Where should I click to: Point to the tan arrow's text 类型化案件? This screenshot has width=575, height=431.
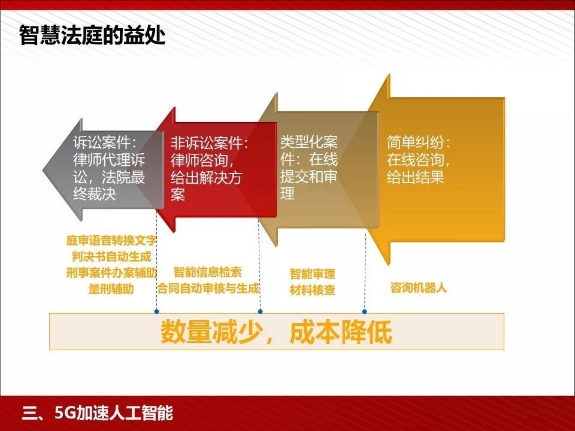pyautogui.click(x=309, y=142)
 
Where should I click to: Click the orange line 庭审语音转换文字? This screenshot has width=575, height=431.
pyautogui.click(x=111, y=241)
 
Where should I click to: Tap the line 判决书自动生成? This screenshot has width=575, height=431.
pyautogui.click(x=111, y=257)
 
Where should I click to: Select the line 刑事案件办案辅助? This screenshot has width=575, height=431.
pyautogui.click(x=111, y=272)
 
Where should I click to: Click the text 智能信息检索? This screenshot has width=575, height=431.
pyautogui.click(x=208, y=272)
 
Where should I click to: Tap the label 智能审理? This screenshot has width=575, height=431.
pyautogui.click(x=312, y=275)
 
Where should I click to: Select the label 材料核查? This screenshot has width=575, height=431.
pyautogui.click(x=312, y=291)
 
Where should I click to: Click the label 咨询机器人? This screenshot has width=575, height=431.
pyautogui.click(x=418, y=288)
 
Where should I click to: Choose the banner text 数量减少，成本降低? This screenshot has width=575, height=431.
pyautogui.click(x=276, y=332)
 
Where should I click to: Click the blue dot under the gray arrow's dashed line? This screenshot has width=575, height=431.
pyautogui.click(x=156, y=312)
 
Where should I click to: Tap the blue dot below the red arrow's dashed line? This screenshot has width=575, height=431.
pyautogui.click(x=260, y=312)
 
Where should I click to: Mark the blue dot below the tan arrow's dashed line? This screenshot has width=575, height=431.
pyautogui.click(x=364, y=312)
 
